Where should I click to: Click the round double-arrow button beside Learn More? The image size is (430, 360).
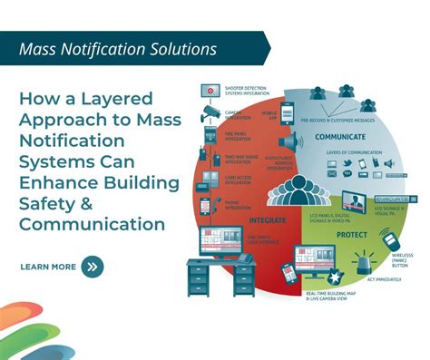click(x=93, y=266)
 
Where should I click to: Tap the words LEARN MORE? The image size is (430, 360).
click(x=47, y=267)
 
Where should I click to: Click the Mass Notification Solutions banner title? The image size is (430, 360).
click(x=118, y=48)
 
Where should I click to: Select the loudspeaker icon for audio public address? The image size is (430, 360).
click(x=289, y=142)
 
